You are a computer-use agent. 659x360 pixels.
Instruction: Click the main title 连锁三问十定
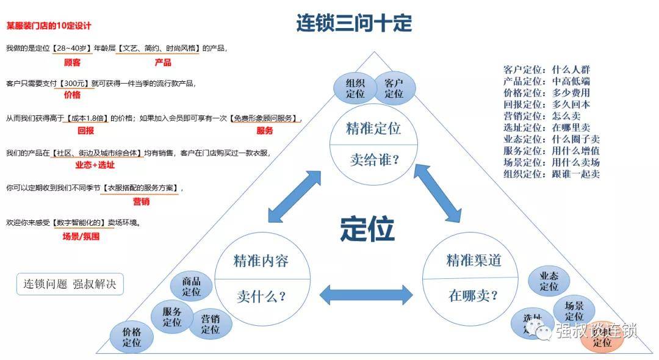(x=354, y=23)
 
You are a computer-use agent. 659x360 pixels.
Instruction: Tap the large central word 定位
(x=367, y=229)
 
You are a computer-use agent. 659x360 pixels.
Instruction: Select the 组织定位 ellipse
(x=355, y=88)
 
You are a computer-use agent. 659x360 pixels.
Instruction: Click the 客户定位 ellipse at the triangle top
(x=394, y=88)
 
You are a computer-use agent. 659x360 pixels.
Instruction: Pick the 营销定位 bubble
(x=210, y=323)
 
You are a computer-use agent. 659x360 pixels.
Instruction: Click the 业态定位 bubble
(x=549, y=281)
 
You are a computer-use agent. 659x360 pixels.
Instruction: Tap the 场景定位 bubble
(x=574, y=311)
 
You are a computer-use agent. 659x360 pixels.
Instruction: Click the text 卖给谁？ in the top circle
(x=374, y=160)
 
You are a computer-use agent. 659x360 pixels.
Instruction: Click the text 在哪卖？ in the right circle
(x=473, y=296)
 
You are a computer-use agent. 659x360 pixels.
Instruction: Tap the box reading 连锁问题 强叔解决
(x=70, y=284)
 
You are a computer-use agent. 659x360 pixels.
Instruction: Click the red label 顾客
(x=72, y=62)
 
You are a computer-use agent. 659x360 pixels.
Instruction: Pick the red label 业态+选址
(x=95, y=165)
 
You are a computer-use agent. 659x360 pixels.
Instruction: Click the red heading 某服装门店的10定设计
(x=49, y=26)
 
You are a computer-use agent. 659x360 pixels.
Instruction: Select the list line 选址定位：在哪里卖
(x=547, y=127)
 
